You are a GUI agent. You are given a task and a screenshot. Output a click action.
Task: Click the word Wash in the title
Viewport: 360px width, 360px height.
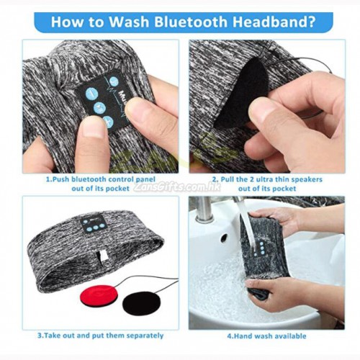pos(129,22)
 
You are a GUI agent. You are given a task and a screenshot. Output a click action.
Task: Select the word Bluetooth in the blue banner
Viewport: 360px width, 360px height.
pos(190,22)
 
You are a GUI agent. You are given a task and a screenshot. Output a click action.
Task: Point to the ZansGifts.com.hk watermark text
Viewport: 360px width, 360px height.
pos(177,187)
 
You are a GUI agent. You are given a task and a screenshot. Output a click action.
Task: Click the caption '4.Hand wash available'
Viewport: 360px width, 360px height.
pos(266,336)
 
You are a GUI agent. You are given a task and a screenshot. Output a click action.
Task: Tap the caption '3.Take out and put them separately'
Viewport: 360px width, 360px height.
pos(100,336)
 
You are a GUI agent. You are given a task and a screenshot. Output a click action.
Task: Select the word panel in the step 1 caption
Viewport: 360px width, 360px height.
pos(145,179)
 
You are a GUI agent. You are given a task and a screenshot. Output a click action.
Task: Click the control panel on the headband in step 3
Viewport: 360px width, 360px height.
pos(95,224)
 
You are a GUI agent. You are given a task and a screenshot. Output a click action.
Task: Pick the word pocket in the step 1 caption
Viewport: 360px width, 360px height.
pos(117,189)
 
